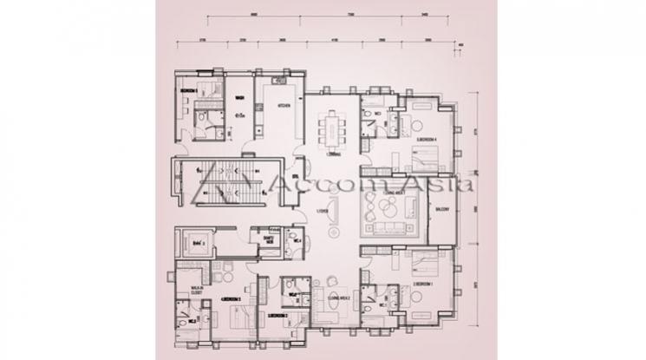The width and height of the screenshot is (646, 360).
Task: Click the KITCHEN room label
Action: pyautogui.click(x=283, y=105)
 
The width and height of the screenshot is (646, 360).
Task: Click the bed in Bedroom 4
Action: pyautogui.click(x=426, y=160)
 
